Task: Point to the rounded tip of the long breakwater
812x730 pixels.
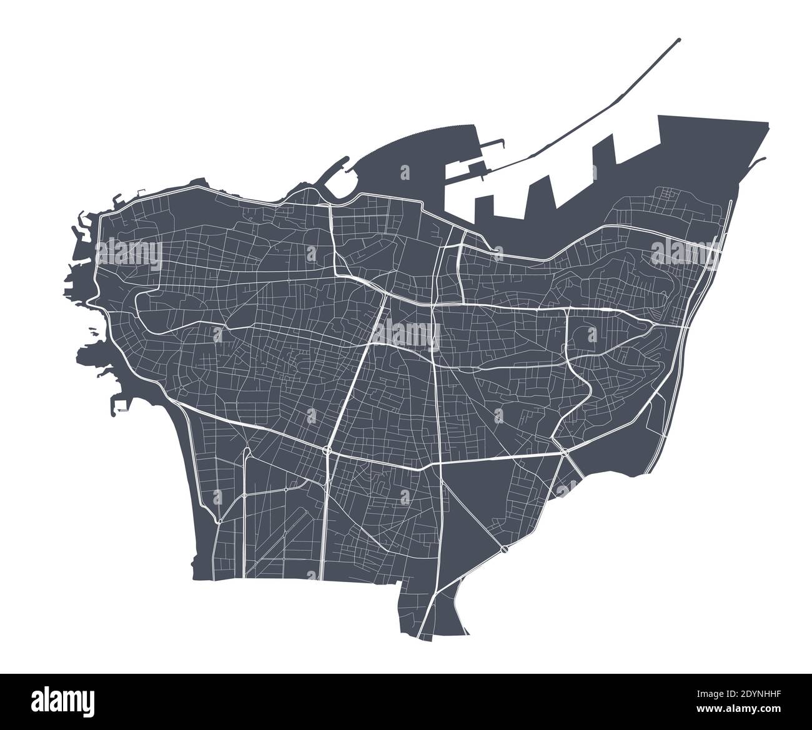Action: (678, 40)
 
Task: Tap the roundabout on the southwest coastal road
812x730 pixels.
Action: (219, 521)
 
